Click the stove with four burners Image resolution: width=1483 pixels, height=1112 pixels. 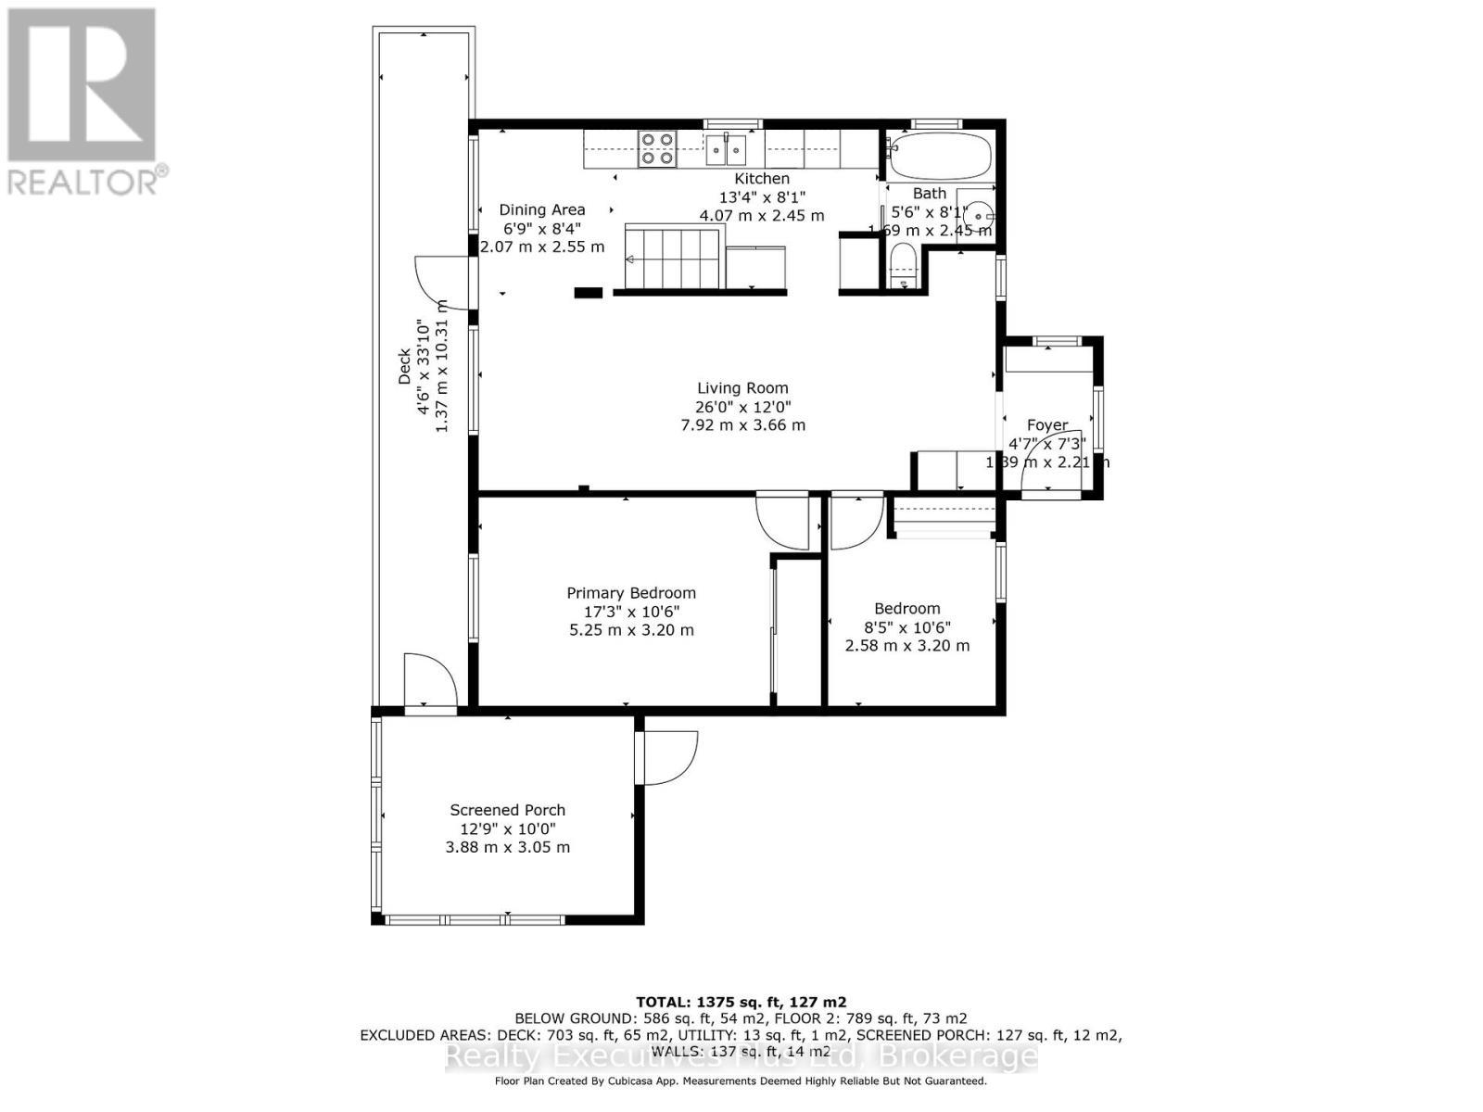(x=657, y=149)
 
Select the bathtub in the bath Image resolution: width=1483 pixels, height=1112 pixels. (x=939, y=157)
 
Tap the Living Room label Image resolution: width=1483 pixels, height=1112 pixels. (x=742, y=388)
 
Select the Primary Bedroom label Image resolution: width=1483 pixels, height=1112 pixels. (x=631, y=593)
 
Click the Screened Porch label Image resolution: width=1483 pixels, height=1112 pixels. (x=507, y=810)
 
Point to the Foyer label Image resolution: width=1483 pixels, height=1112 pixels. (x=1047, y=425)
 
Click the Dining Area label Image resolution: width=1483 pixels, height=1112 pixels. (x=542, y=210)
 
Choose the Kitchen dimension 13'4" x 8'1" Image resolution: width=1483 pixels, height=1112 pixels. (x=762, y=197)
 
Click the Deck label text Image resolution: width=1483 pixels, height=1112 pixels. (x=404, y=367)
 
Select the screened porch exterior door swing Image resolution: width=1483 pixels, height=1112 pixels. (x=667, y=757)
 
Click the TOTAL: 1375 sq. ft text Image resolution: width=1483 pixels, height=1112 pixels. (x=741, y=1002)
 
